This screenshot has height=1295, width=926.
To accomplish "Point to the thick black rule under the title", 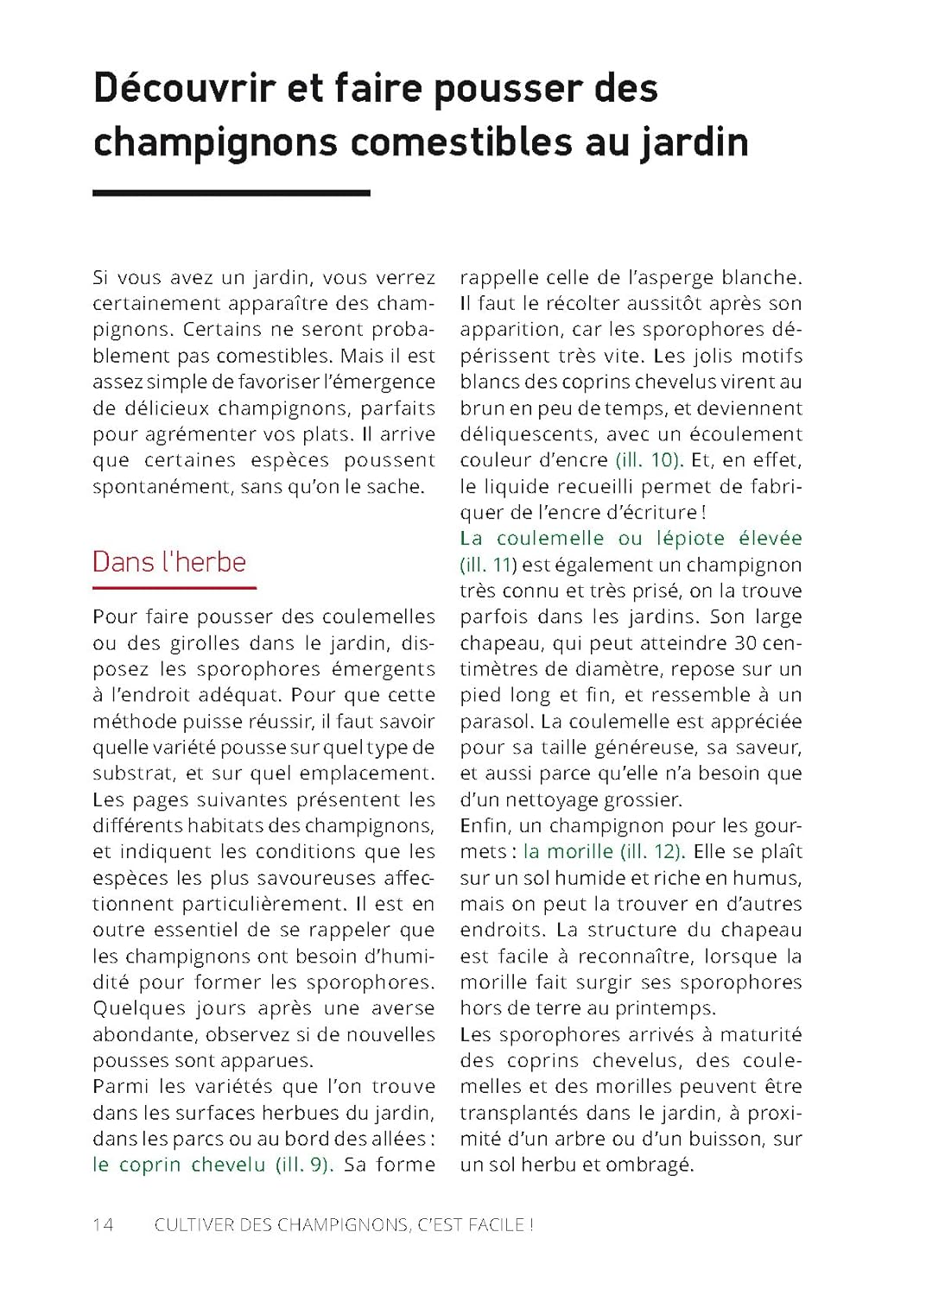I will coord(231,193).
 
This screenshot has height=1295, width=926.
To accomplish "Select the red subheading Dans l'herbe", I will coord(169,562).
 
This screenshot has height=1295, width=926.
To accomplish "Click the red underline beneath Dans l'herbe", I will coord(174,588).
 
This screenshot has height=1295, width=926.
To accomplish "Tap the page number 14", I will coord(103,1224).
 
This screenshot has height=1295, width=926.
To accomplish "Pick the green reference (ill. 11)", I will coord(488,565).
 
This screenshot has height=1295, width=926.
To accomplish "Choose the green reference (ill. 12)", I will coord(653,851).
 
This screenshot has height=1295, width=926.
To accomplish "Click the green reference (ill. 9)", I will coord(305,1165).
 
